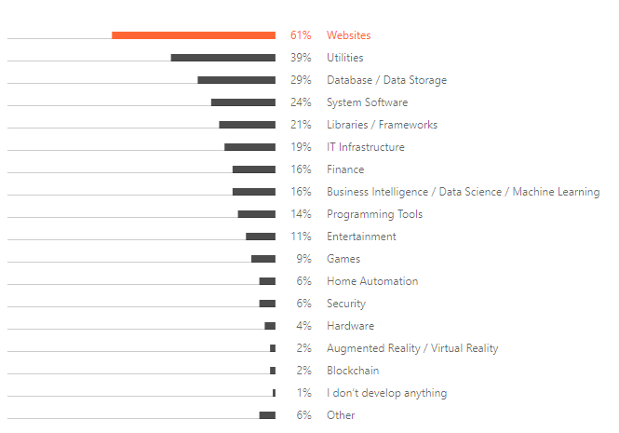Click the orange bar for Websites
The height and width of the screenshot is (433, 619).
click(x=194, y=35)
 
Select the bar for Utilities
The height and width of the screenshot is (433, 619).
click(x=223, y=58)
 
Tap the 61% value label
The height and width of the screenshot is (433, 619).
click(x=301, y=35)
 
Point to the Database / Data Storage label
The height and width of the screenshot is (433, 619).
click(x=386, y=80)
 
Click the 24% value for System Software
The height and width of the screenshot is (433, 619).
click(x=301, y=102)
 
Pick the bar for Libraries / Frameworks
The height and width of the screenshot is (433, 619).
click(x=248, y=125)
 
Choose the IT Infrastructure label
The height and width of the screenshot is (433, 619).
click(x=365, y=147)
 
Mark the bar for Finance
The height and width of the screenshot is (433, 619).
click(x=254, y=169)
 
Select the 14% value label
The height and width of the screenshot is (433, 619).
click(x=301, y=214)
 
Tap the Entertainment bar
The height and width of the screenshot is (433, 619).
click(x=261, y=237)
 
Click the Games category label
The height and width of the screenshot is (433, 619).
click(x=343, y=259)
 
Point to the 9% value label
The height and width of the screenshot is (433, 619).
click(x=303, y=259)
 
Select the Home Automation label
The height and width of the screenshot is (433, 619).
click(x=372, y=281)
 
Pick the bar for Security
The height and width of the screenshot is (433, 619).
click(x=267, y=304)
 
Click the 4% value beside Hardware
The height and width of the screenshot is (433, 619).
click(x=303, y=326)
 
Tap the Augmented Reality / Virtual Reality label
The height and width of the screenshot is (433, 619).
click(x=412, y=348)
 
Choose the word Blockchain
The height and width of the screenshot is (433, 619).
click(x=353, y=371)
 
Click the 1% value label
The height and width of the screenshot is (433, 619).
click(x=303, y=393)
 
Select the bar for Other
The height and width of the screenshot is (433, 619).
click(x=267, y=415)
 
